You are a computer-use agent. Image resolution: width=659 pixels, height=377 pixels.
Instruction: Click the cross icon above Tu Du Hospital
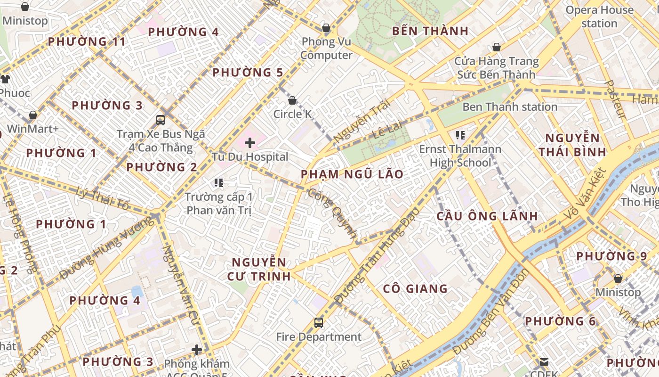point(250,142)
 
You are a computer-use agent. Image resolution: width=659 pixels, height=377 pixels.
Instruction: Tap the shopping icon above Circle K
point(292,100)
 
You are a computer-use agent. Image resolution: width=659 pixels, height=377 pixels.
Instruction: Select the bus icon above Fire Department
point(319,323)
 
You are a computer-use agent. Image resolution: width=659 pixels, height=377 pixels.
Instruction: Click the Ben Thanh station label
point(510,107)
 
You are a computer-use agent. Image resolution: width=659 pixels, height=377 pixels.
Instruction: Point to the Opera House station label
point(599,16)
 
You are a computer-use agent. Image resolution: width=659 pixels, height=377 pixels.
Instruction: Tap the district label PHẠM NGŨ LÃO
point(352,174)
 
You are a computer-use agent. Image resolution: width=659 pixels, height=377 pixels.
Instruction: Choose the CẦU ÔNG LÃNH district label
point(487,216)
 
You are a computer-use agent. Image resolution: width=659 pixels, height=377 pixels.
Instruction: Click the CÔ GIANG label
point(415,289)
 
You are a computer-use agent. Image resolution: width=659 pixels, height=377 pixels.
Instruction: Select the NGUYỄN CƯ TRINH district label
point(259,269)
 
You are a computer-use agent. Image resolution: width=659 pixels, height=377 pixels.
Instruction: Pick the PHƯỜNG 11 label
point(87,41)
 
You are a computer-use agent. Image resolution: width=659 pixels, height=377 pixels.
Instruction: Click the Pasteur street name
point(615,99)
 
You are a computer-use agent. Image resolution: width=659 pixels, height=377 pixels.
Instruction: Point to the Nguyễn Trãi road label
point(362,121)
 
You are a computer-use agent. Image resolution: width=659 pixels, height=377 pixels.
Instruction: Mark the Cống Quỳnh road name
point(332,213)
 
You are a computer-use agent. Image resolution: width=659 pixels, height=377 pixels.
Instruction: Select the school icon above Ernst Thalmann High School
point(460,136)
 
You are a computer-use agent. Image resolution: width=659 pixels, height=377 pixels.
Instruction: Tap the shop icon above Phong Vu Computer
point(326,28)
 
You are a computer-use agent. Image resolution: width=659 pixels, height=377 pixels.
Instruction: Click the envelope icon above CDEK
point(544,362)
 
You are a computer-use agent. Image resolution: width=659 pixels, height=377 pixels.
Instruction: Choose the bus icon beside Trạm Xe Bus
point(161,120)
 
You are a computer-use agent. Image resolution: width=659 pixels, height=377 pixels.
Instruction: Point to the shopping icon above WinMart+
point(33,115)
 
